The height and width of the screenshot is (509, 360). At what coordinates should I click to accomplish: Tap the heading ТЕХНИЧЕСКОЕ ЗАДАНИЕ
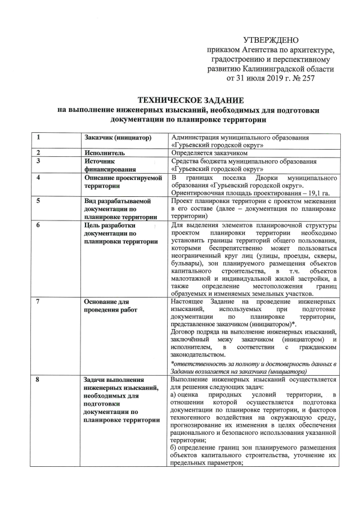click(x=180, y=99)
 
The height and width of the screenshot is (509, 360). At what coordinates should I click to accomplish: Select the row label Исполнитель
click(x=105, y=152)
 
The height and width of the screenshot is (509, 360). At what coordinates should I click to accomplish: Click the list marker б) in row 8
click(x=174, y=455)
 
